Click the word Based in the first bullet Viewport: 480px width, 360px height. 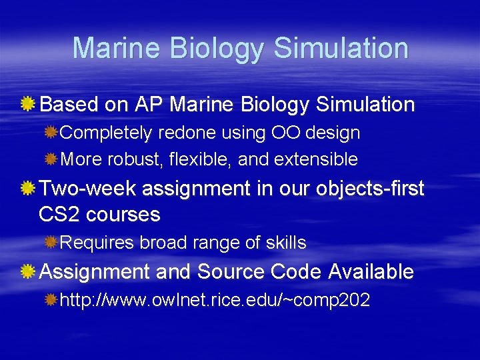69,105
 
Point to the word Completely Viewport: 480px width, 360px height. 106,133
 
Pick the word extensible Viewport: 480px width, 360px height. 316,159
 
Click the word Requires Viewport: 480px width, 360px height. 97,243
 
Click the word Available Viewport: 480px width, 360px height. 371,272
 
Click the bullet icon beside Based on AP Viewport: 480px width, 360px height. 29,105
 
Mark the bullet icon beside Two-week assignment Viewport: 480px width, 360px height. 29,189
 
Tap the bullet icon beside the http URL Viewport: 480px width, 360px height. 51,301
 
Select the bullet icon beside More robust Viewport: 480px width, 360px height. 51,160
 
